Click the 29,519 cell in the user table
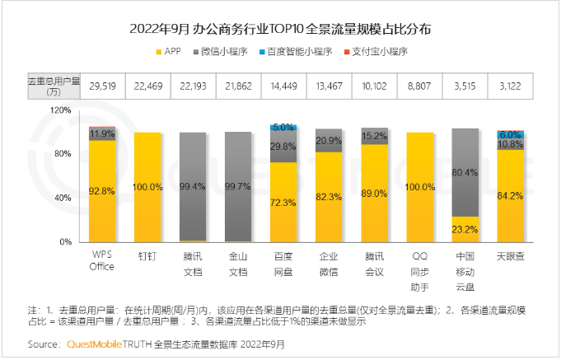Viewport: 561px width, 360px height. pyautogui.click(x=102, y=85)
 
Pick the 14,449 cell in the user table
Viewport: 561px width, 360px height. pyautogui.click(x=283, y=85)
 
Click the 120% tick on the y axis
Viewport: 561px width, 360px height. pyautogui.click(x=60, y=110)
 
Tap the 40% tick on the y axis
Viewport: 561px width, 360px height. pyautogui.click(x=63, y=199)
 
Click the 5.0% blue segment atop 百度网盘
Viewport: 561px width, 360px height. pyautogui.click(x=283, y=128)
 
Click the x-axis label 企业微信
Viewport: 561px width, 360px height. pyautogui.click(x=328, y=262)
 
